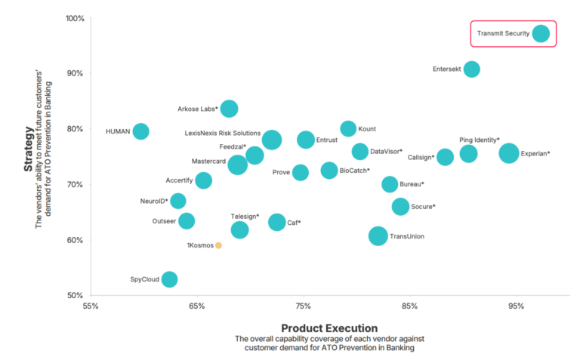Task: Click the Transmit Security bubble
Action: click(x=541, y=34)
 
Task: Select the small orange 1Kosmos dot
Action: click(x=218, y=245)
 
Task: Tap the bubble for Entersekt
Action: click(x=471, y=69)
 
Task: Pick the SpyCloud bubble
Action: click(x=169, y=279)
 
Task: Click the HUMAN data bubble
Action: click(x=140, y=131)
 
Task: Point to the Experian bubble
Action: click(x=509, y=153)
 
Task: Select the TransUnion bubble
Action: click(x=378, y=236)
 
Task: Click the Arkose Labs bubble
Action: click(x=229, y=109)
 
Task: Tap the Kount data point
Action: click(x=347, y=128)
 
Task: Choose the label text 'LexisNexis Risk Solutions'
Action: click(x=223, y=133)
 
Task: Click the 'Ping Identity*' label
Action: click(x=479, y=140)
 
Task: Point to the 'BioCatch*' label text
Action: click(x=354, y=171)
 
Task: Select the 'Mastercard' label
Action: click(x=208, y=161)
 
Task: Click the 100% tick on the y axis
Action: click(x=73, y=18)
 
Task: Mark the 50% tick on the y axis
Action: click(x=73, y=296)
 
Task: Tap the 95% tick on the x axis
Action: click(x=516, y=306)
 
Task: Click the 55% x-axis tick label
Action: click(x=91, y=306)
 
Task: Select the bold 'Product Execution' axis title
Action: click(x=329, y=328)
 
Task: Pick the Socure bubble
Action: click(x=400, y=207)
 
